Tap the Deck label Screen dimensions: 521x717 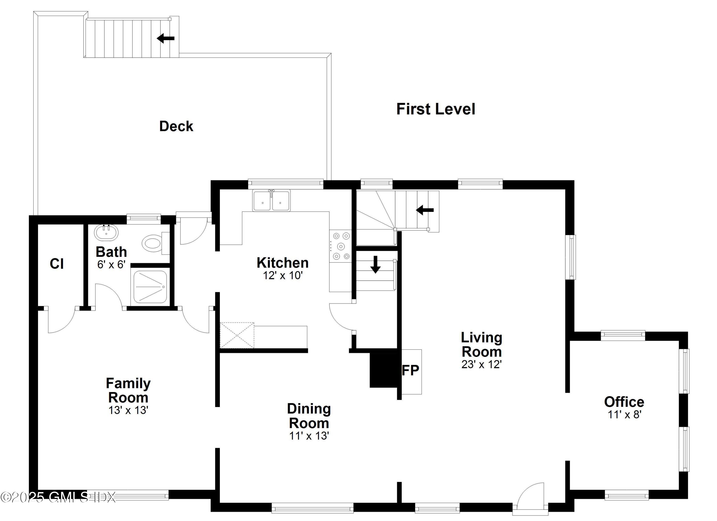(176, 126)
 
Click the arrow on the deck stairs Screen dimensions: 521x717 (166, 38)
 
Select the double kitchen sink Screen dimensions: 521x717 (271, 201)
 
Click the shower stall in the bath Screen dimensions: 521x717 (150, 287)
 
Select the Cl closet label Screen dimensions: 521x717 (57, 264)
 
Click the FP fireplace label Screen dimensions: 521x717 (410, 370)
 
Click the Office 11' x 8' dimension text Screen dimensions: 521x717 (624, 414)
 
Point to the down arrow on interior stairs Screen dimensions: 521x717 (375, 264)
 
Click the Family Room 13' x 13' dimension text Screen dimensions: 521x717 (128, 410)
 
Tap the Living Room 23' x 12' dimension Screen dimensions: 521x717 (481, 364)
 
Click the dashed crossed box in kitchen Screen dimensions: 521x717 (237, 335)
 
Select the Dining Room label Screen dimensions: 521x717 (309, 416)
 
